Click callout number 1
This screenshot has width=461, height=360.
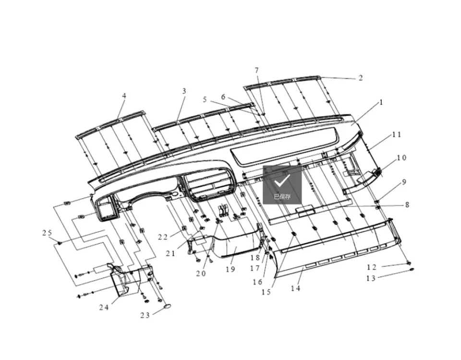pos(381,102)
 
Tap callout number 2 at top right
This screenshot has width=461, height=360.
pos(361,78)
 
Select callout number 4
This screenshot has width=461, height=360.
pos(124,96)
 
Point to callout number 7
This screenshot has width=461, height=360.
pos(256,70)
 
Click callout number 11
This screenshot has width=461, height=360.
pos(397,134)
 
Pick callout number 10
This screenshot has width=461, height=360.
pos(401,158)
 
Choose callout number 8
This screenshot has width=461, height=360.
pos(407,204)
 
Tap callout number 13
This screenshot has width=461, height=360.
pos(371,278)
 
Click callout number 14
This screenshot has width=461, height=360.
pos(296,288)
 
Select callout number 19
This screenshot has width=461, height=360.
pos(230,269)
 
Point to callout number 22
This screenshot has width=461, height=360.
pos(163,237)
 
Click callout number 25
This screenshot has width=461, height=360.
pos(47,233)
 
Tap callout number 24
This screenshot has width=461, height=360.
pos(104,307)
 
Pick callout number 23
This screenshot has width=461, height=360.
pos(145,315)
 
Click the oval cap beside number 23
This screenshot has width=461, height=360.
pos(168,306)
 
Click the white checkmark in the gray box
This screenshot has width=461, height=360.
pos(282,181)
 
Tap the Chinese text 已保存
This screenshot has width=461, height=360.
pos(282,197)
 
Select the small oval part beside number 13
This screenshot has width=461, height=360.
pos(412,269)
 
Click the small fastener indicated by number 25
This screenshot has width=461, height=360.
pos(60,243)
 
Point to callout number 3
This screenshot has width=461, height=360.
pos(184,91)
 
